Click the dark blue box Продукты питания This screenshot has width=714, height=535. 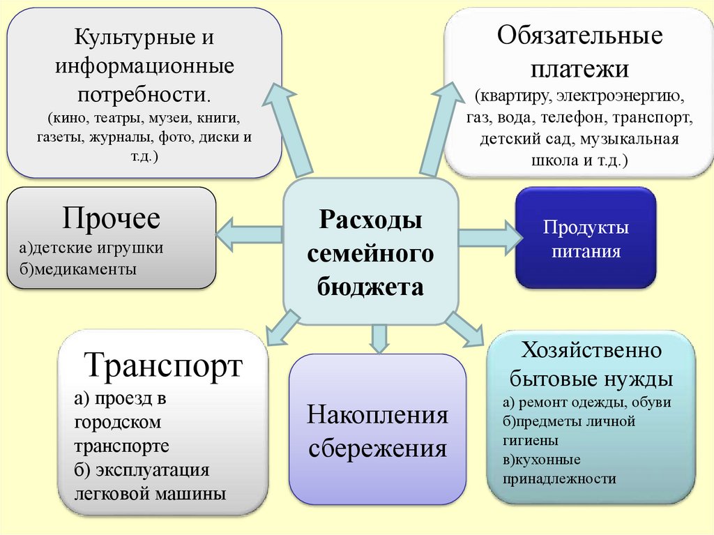coord(586,237)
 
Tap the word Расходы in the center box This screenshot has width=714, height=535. coord(370,219)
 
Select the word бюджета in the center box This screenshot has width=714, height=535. coord(370,287)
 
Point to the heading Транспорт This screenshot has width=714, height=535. coord(163,365)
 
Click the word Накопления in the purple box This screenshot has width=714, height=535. coord(377,415)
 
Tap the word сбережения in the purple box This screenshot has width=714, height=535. coord(377,448)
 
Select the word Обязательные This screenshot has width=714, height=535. coord(579,35)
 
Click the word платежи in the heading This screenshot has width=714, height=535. coord(579,69)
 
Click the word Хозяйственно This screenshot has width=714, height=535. coord(591,350)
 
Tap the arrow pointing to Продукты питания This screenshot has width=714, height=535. coord(490,237)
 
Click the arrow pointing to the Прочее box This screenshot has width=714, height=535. coord(249,234)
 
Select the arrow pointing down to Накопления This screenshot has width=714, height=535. coord(380,338)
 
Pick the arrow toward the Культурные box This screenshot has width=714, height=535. coord(288,130)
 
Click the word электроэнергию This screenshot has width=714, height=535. coord(620,96)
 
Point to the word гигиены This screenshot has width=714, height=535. coord(530,441)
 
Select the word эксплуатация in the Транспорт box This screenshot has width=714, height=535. coord(153,470)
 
